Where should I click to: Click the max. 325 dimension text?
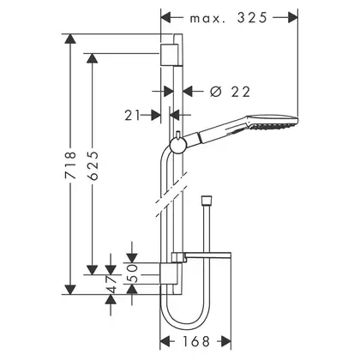[x=228, y=18]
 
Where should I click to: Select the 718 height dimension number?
[x=70, y=165]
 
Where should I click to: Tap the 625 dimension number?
[x=93, y=165]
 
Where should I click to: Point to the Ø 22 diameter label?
[x=230, y=92]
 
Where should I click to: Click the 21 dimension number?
[x=133, y=116]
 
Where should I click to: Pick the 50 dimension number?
[x=132, y=273]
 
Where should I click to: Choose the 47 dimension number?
[x=111, y=285]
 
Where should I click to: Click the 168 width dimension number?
[x=196, y=341]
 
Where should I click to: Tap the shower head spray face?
[x=273, y=125]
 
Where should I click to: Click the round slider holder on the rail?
[x=178, y=146]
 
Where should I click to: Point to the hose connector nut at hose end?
[x=207, y=200]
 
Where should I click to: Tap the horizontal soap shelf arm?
[x=201, y=256]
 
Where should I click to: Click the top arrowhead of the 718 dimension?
[x=70, y=39]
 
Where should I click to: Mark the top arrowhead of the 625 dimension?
[x=92, y=58]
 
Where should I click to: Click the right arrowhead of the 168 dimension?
[x=226, y=341]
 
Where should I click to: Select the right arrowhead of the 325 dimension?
[x=293, y=18]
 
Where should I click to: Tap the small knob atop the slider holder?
[x=178, y=135]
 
